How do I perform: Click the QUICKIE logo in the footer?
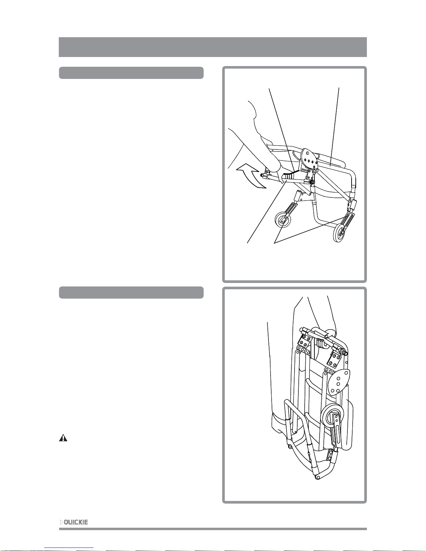(74, 522)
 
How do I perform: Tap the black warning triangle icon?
(63, 438)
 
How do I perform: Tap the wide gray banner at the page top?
(213, 47)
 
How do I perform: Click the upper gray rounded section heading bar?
(131, 73)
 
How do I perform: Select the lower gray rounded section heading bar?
(131, 293)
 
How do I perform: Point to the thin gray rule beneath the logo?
(213, 529)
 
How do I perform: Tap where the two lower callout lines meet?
(275, 243)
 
